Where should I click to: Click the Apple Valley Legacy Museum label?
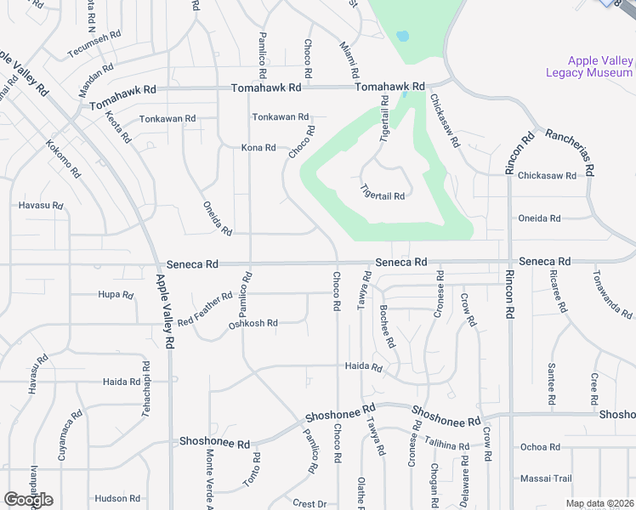tap(600, 66)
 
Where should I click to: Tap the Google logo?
tap(28, 500)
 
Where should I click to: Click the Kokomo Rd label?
tap(64, 159)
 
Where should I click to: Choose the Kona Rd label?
tap(258, 148)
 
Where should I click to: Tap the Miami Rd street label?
tap(351, 60)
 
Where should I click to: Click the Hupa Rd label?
tap(116, 296)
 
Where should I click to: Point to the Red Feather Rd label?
tap(205, 309)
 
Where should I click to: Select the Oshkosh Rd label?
tap(253, 324)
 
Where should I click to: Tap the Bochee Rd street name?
tap(388, 326)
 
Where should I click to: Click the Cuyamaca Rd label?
tap(62, 439)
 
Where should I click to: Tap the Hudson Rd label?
tap(117, 499)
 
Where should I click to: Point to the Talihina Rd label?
tap(447, 445)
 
